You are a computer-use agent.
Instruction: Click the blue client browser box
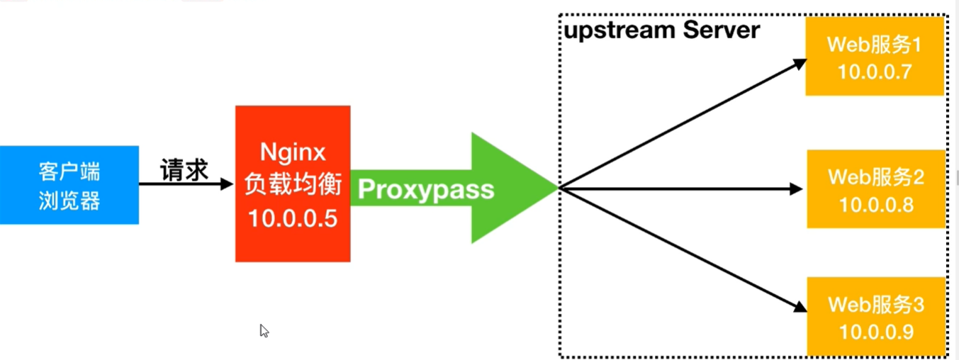(x=69, y=185)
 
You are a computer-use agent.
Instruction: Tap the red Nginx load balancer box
(x=293, y=184)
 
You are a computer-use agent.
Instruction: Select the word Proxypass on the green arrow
(x=425, y=189)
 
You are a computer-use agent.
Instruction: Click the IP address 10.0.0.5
(x=293, y=218)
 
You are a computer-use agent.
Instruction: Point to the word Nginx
(x=293, y=152)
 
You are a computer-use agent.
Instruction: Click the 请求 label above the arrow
(x=184, y=170)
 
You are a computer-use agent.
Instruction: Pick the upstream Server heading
(x=661, y=30)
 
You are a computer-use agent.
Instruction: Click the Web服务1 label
(x=875, y=46)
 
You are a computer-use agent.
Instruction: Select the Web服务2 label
(x=876, y=176)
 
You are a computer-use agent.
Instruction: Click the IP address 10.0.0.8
(x=876, y=204)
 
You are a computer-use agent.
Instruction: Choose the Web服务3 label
(x=876, y=305)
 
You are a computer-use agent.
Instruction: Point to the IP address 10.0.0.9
(x=876, y=332)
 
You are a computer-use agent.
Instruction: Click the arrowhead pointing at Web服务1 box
(x=800, y=63)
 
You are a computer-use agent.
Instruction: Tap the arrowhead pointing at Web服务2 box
(x=796, y=189)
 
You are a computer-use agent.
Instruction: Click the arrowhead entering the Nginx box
(x=227, y=184)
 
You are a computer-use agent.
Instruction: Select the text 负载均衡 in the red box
(x=293, y=185)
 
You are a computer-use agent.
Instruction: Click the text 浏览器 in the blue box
(x=69, y=201)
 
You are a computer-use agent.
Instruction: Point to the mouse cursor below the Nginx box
(x=264, y=330)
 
